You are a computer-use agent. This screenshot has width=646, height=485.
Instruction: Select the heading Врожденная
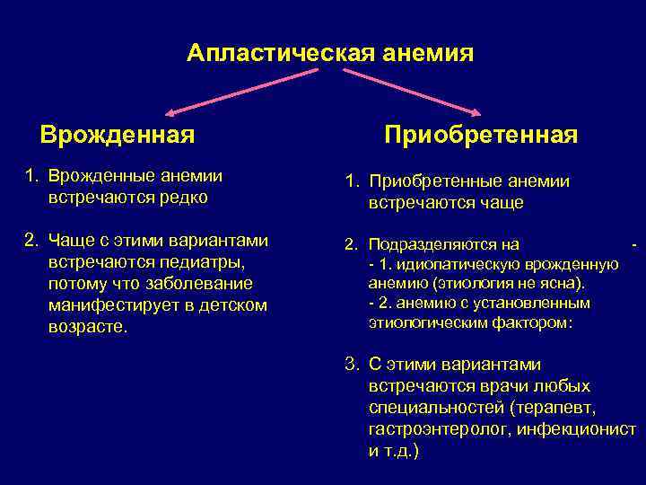click(x=118, y=136)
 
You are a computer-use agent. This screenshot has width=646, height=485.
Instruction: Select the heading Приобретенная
click(x=481, y=136)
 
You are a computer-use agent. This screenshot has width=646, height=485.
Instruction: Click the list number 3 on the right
click(x=352, y=365)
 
